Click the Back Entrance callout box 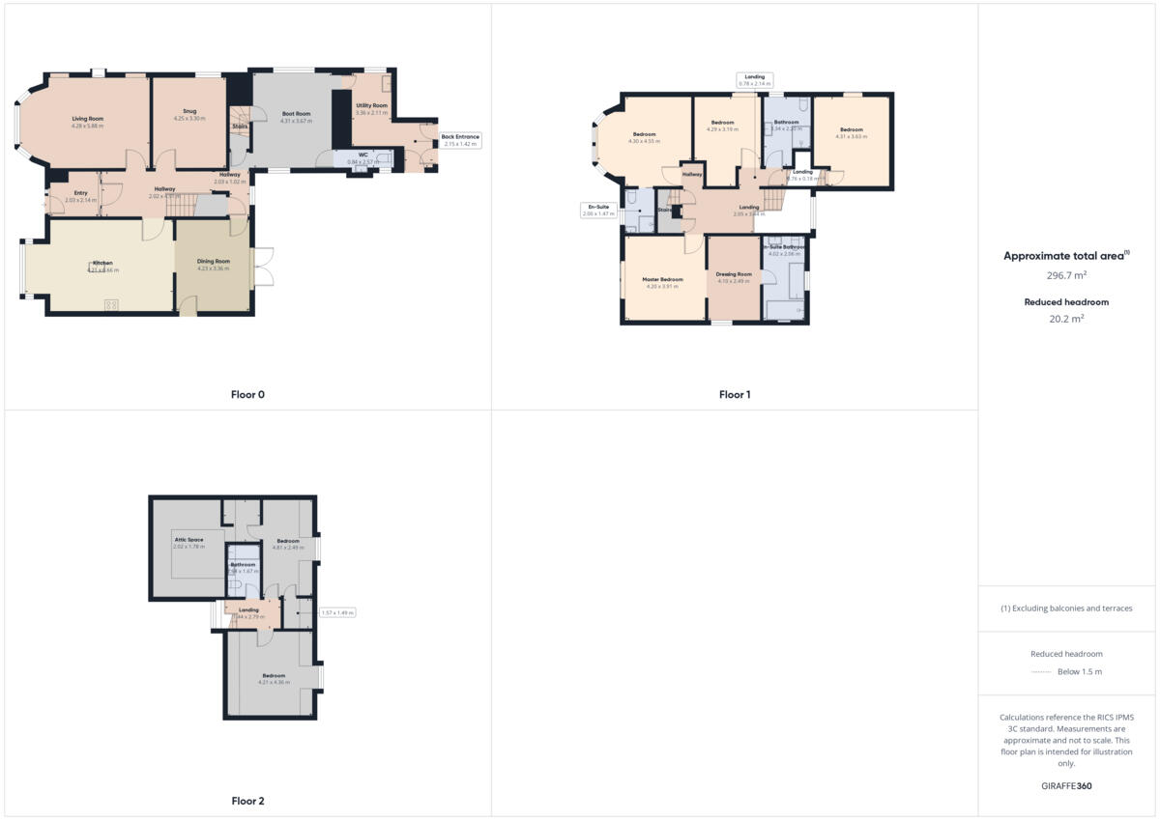tap(460, 140)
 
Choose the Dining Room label tap(213, 264)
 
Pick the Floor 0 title tap(247, 394)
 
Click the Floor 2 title tap(247, 801)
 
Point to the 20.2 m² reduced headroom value tap(1066, 318)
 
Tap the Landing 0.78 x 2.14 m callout tap(754, 80)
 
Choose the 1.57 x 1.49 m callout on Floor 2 tap(337, 612)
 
